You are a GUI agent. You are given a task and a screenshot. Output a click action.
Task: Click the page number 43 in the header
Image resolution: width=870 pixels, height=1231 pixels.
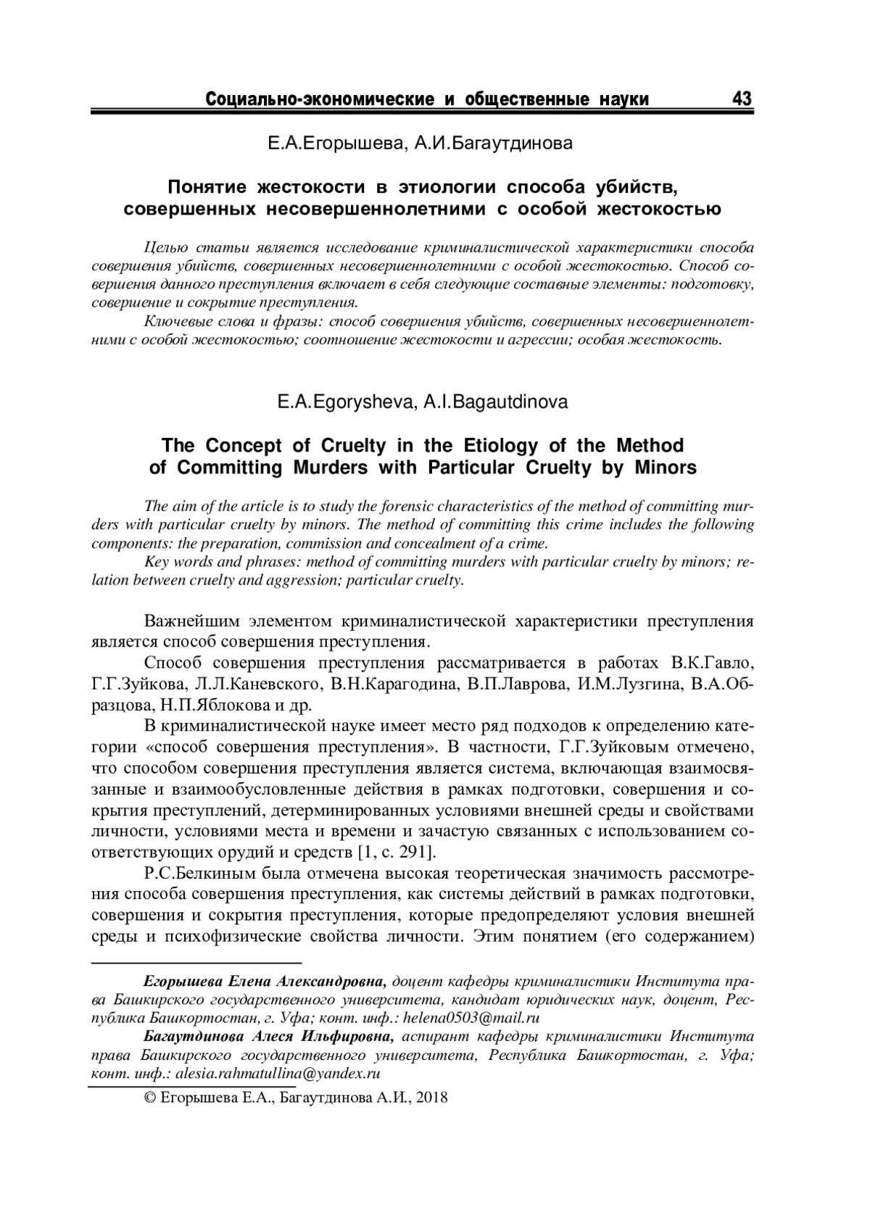click(x=742, y=98)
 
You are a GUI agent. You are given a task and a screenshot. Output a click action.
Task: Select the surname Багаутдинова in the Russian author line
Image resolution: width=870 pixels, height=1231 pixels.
click(x=493, y=144)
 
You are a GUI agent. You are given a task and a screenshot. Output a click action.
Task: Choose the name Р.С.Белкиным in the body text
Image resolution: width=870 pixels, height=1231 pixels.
click(x=191, y=872)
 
